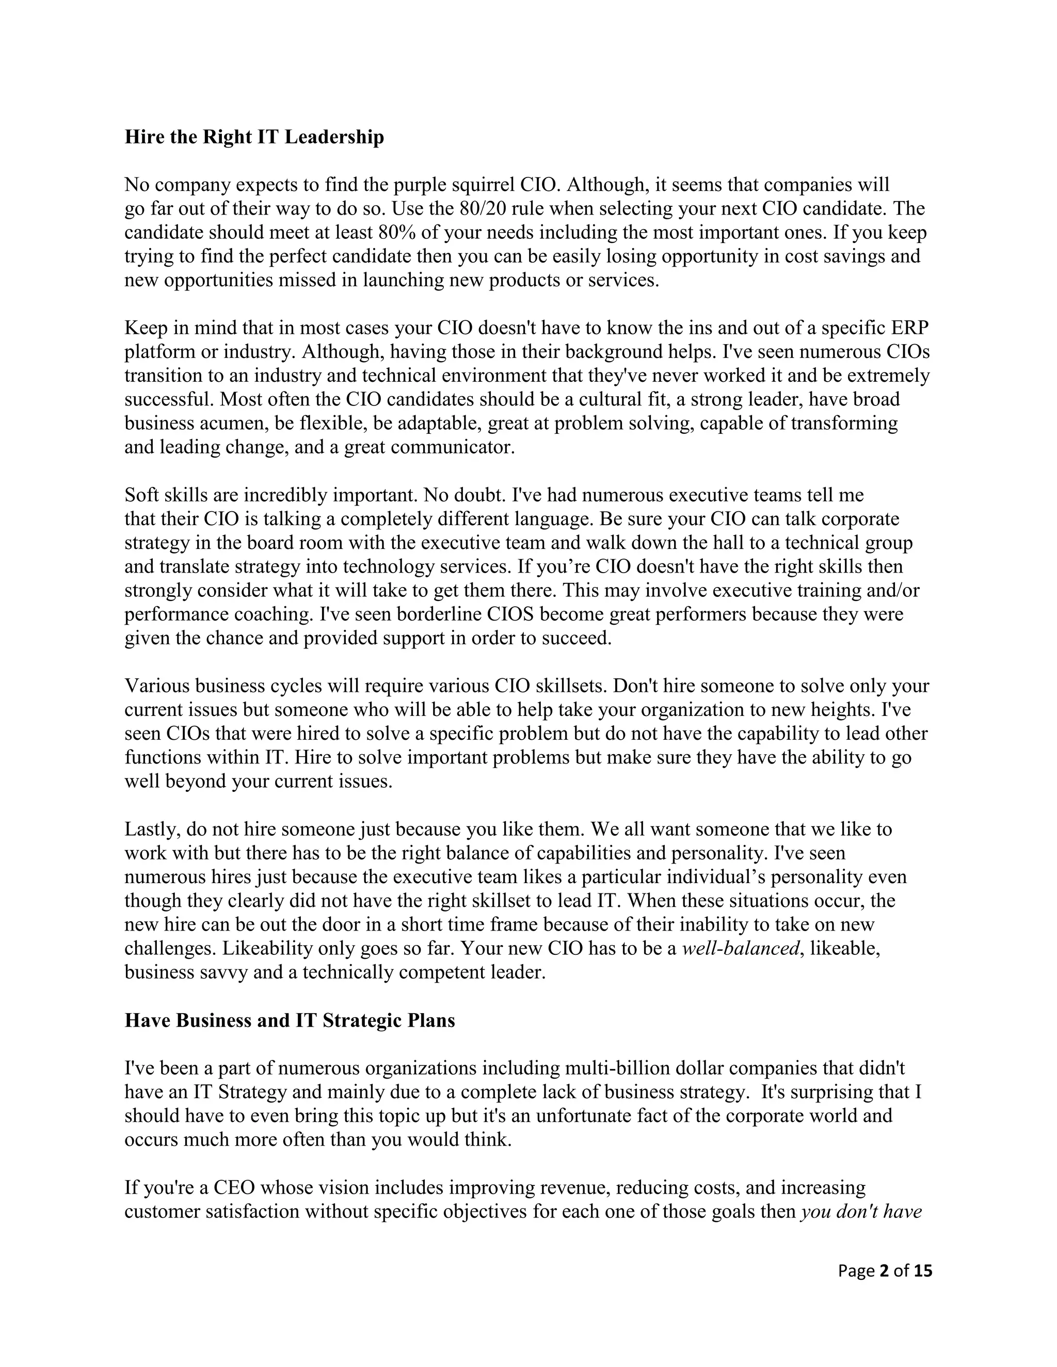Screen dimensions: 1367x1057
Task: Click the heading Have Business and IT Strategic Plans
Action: click(x=290, y=1021)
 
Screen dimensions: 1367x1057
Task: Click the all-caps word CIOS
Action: click(x=510, y=615)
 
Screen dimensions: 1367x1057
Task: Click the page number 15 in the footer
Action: click(x=922, y=1271)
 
